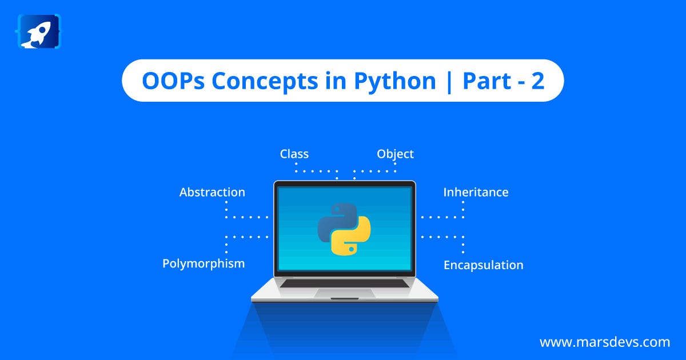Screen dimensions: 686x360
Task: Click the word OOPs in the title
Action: click(x=173, y=81)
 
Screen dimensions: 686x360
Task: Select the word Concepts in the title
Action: click(x=265, y=82)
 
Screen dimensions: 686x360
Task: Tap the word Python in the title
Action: click(x=395, y=82)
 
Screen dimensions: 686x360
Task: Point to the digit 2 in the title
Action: click(x=538, y=81)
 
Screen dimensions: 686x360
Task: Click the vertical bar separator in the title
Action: click(x=449, y=82)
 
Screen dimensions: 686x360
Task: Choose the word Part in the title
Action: click(x=486, y=81)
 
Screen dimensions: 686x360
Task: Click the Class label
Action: click(x=294, y=154)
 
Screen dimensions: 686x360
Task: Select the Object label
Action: click(x=396, y=154)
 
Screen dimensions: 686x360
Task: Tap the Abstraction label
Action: click(x=212, y=192)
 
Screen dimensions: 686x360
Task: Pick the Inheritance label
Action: click(x=476, y=192)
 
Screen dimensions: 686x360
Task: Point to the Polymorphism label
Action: click(x=204, y=264)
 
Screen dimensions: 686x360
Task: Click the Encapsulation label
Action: click(x=484, y=265)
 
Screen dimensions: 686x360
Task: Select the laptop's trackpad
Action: click(x=345, y=293)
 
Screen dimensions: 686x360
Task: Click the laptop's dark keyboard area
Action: click(x=345, y=283)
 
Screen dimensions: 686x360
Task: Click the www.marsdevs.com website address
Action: click(x=605, y=342)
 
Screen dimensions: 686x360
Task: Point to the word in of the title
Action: click(x=336, y=81)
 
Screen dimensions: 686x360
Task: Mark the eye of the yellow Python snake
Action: click(x=351, y=249)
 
